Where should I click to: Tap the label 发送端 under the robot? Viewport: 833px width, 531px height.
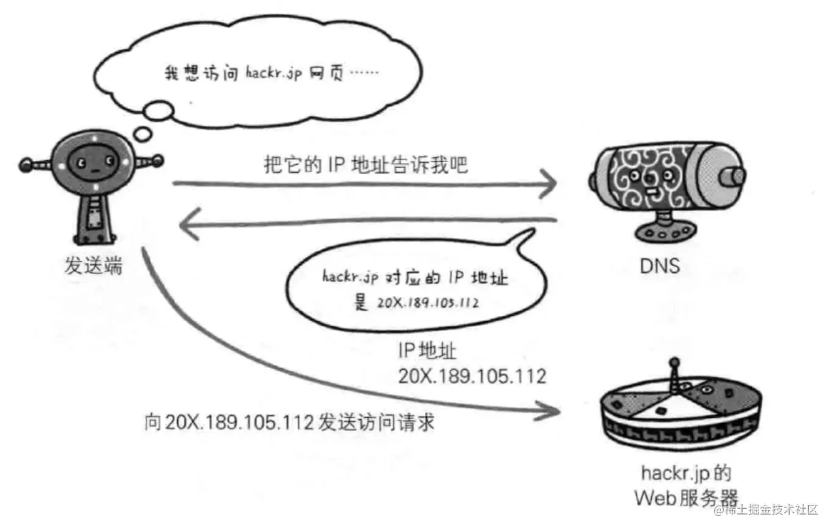click(92, 265)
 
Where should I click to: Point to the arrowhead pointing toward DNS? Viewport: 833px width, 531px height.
click(548, 185)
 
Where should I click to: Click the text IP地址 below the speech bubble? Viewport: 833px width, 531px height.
click(427, 351)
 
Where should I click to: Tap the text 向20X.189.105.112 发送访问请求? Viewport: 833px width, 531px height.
click(289, 422)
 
